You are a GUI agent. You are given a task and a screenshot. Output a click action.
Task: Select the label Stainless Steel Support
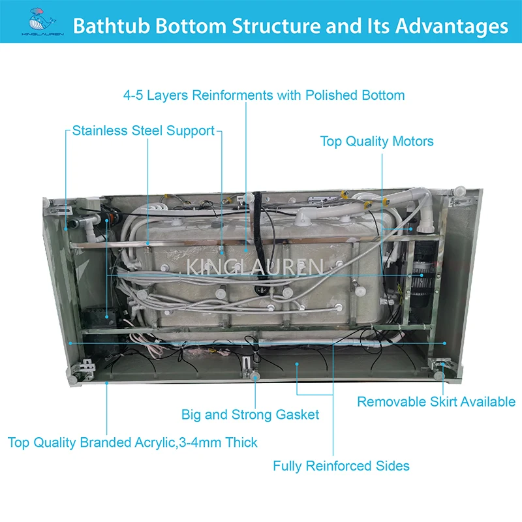click(143, 130)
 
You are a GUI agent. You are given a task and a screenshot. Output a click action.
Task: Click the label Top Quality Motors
click(376, 141)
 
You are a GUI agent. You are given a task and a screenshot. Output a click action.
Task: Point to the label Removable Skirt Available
click(436, 401)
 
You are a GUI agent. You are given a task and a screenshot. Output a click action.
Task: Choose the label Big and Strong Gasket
click(250, 414)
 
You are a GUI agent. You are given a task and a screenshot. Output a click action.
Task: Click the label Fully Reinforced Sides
click(341, 465)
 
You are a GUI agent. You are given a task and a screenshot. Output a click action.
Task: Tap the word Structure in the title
click(272, 26)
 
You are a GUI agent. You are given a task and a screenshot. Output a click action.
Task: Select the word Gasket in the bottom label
click(296, 414)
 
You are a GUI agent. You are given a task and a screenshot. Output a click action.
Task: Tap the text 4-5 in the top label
click(134, 95)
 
